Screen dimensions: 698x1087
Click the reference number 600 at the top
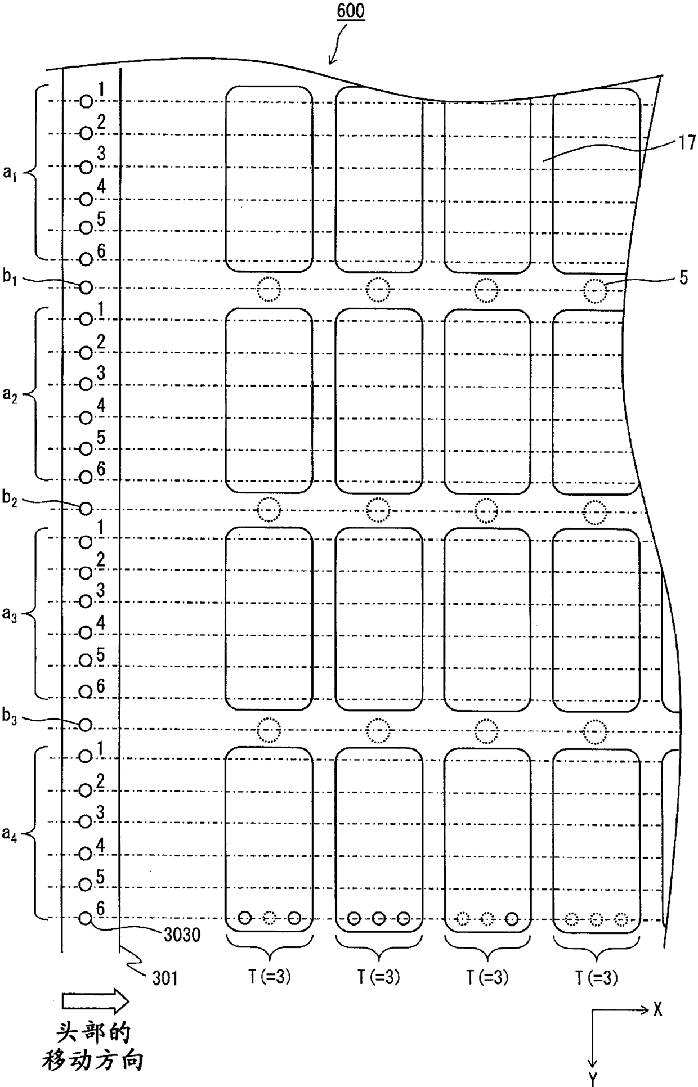(350, 12)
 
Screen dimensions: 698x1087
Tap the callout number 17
(687, 142)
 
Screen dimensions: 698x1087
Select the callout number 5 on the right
(683, 279)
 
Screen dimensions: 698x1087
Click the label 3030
(182, 935)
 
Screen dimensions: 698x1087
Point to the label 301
(165, 979)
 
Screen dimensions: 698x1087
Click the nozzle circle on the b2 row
(86, 509)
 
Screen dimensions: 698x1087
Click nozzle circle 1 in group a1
(86, 101)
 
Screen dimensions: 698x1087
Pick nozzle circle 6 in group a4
(85, 918)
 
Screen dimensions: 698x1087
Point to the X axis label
(657, 1010)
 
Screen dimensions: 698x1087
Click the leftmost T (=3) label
(269, 978)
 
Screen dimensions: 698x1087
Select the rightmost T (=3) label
(596, 978)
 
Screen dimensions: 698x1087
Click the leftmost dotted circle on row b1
(269, 290)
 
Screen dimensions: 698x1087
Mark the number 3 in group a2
(101, 372)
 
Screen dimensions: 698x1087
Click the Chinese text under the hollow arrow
(93, 1046)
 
